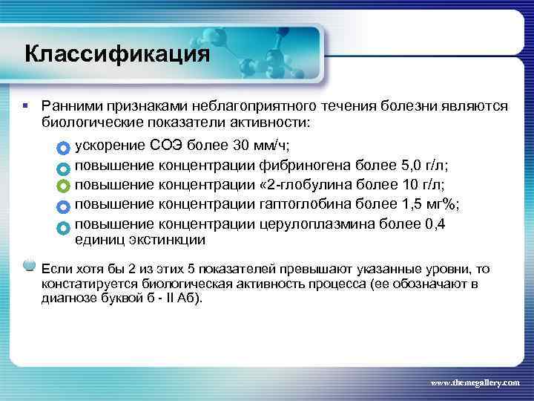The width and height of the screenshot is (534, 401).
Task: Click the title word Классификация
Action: click(x=117, y=55)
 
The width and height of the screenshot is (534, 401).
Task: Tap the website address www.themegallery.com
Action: click(x=475, y=382)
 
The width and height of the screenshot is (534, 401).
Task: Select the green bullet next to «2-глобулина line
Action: click(x=62, y=185)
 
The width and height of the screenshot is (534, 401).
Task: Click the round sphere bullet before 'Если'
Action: click(x=30, y=264)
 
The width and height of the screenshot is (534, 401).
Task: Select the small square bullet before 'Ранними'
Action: click(x=26, y=107)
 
